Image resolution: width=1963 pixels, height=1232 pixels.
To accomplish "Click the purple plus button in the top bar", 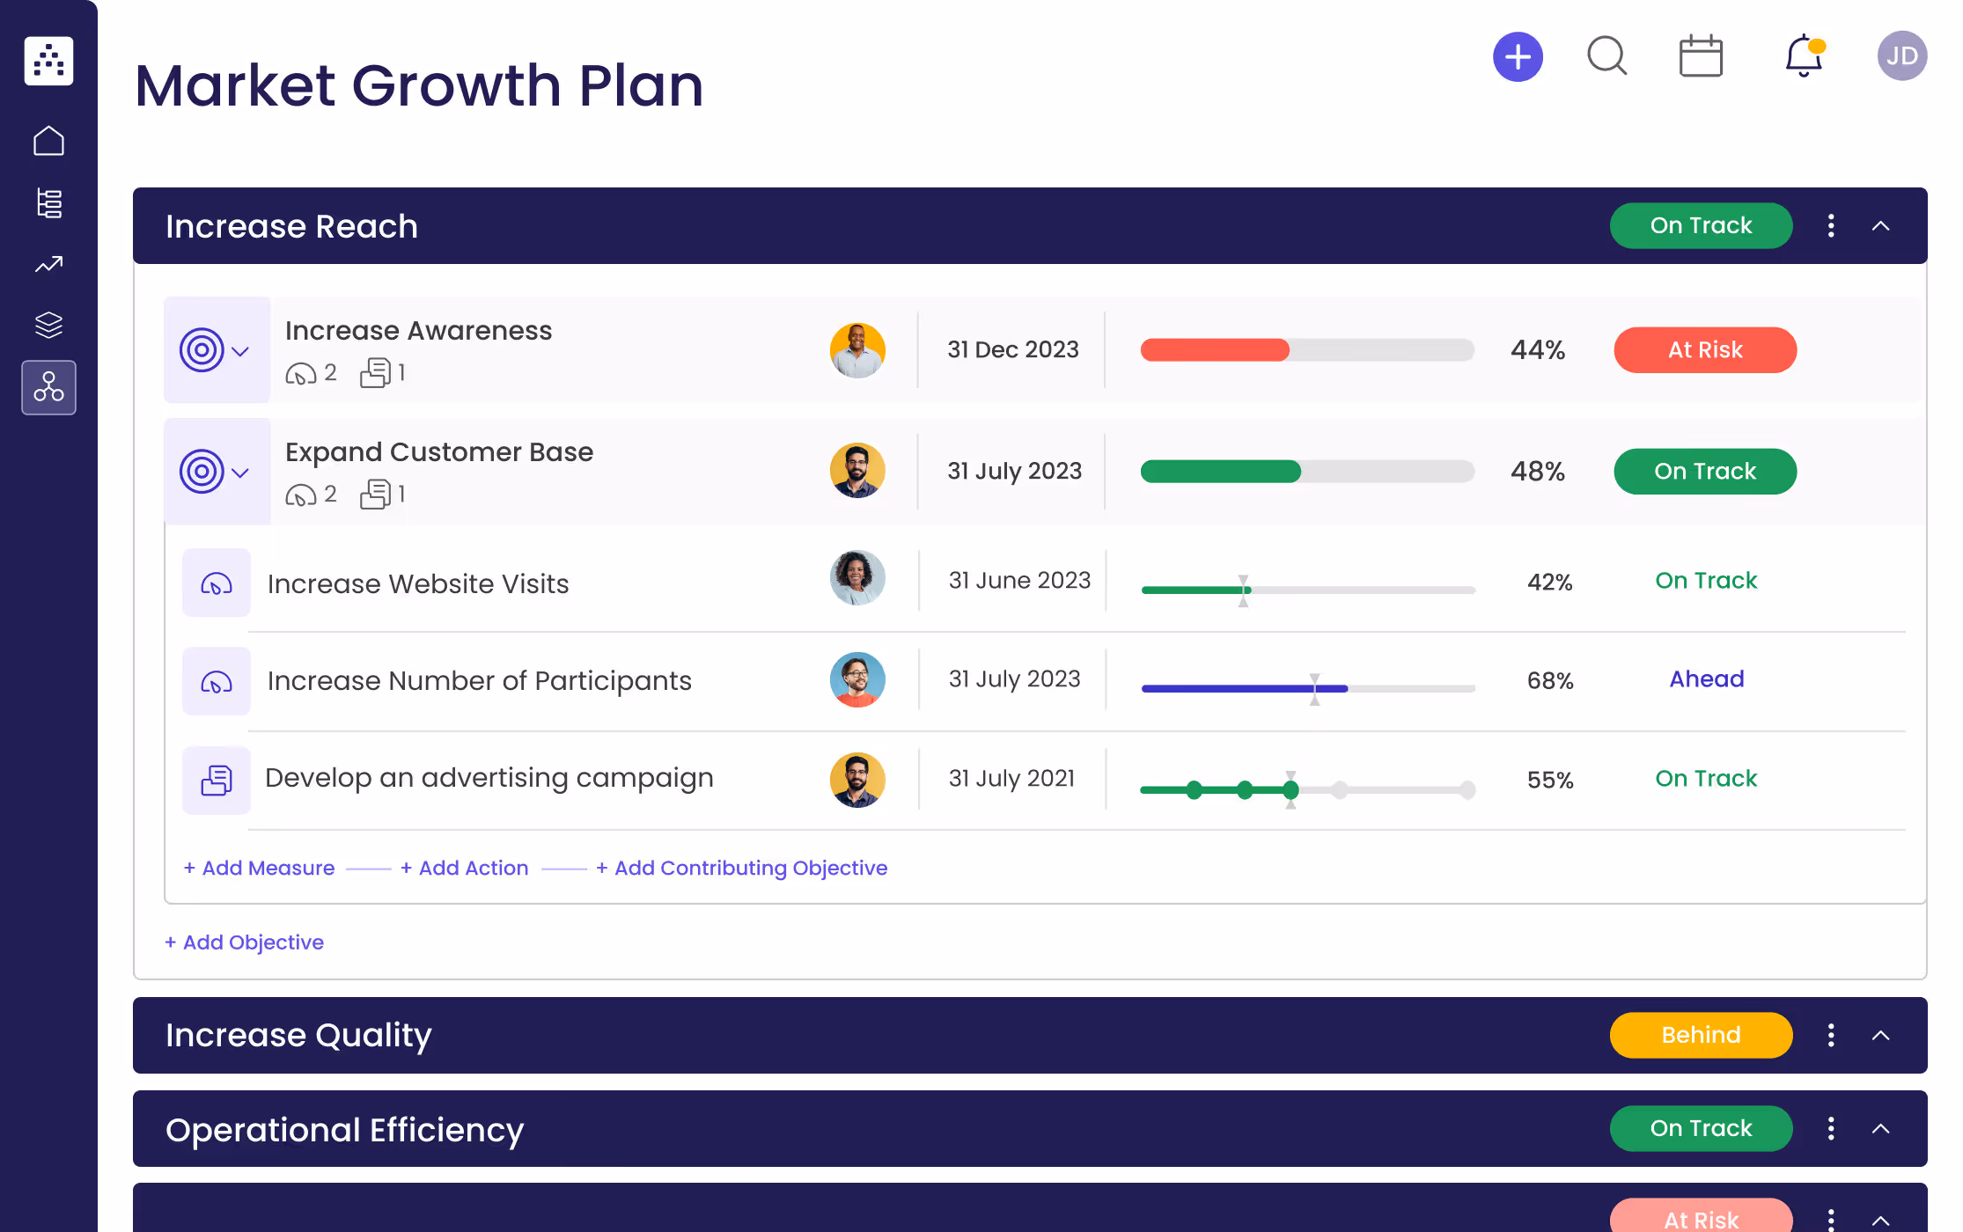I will click(1518, 57).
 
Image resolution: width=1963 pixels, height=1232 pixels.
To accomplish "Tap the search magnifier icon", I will click(1606, 56).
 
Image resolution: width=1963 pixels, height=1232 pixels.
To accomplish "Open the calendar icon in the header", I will click(1700, 57).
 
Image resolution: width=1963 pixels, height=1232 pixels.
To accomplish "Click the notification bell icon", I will click(1803, 56).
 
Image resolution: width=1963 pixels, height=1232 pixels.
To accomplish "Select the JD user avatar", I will click(1901, 56).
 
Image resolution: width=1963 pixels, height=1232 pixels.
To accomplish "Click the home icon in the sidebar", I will click(48, 141).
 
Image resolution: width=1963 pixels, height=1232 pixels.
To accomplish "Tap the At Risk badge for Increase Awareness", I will click(1704, 350).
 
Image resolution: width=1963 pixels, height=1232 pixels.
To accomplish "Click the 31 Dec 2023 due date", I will click(1012, 350).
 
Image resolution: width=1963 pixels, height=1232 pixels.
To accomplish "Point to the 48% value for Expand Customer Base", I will click(1537, 472).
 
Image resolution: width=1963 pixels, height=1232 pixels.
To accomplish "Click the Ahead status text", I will click(1706, 679).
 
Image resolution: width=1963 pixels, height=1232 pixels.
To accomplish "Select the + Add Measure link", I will click(259, 869).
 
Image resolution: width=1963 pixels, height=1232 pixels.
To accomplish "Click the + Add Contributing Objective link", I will click(741, 869).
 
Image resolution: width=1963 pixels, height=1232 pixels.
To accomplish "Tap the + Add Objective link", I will click(244, 942).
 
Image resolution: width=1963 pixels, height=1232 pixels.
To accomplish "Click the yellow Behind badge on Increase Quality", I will click(1700, 1036).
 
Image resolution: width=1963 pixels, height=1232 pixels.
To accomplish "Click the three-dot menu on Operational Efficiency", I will click(1831, 1129).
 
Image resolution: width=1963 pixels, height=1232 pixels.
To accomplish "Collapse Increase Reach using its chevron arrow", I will click(1880, 226).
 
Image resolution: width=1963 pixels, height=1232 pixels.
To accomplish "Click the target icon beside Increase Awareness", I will click(202, 350).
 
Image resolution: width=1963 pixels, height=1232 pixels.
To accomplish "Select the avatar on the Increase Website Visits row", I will click(857, 578).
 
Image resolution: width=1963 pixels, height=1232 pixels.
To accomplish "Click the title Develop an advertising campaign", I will click(489, 778).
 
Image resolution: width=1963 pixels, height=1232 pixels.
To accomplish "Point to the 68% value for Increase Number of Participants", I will click(1549, 681).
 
